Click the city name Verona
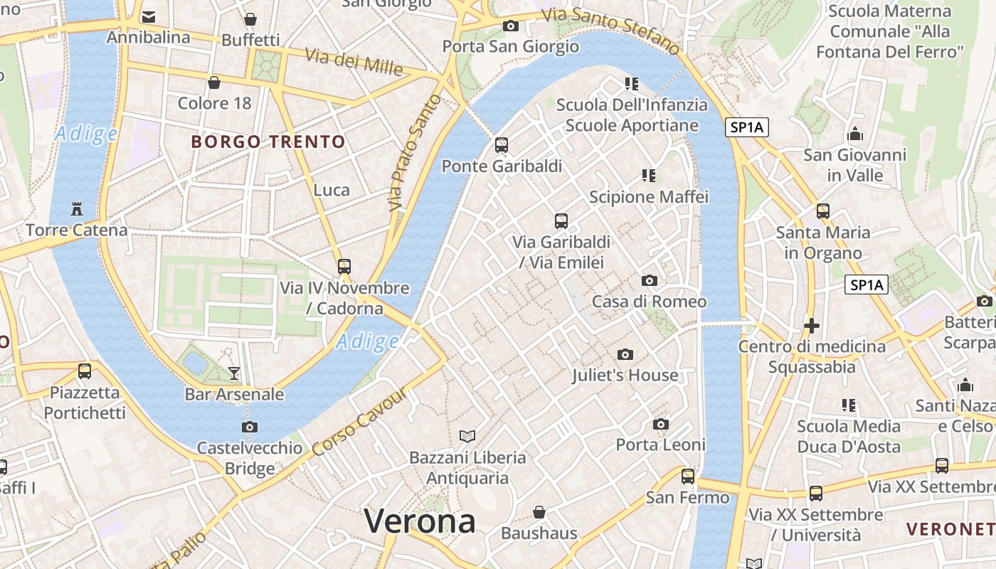420,522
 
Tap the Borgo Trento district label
268,142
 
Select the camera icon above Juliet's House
625,354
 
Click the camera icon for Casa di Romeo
649,280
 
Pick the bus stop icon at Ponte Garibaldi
502,145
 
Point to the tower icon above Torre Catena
77,209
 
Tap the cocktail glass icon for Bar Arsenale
234,373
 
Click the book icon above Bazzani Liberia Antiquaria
467,436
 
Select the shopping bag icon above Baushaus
539,512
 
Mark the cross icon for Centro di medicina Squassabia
811,326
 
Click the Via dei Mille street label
354,61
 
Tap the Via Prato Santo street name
415,153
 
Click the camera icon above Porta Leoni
661,425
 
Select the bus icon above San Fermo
687,477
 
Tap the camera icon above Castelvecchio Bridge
249,427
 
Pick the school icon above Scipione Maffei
648,175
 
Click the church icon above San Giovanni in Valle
854,134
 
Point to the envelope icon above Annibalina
149,16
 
